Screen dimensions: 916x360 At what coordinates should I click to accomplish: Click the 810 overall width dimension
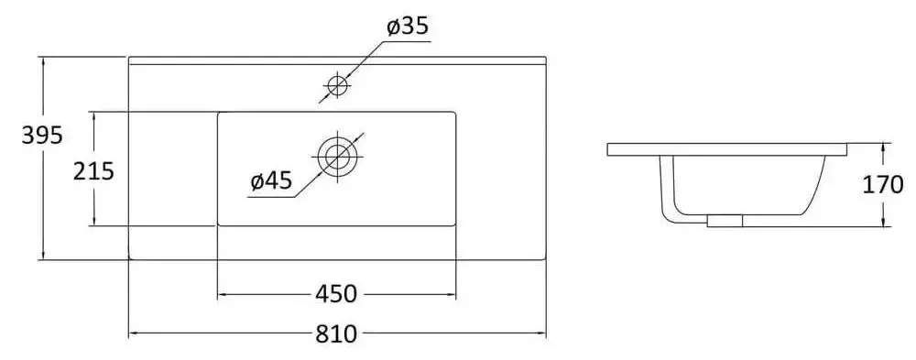pos(336,334)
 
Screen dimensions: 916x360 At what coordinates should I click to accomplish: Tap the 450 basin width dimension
pos(335,294)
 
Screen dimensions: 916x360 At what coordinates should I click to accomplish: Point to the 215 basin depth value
pos(93,170)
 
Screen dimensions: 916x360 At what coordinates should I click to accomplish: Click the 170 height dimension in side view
pos(882,185)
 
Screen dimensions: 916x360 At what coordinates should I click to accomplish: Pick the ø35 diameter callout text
pos(407,27)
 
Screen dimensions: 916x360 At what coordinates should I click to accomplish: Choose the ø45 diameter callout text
pos(270,181)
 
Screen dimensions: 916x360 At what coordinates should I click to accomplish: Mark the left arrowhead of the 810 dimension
pos(134,334)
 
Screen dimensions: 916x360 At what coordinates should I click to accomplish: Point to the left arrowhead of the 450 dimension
pos(222,294)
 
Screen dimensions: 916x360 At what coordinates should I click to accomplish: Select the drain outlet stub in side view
pos(725,220)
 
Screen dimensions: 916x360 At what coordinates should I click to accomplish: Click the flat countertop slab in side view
pos(728,149)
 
